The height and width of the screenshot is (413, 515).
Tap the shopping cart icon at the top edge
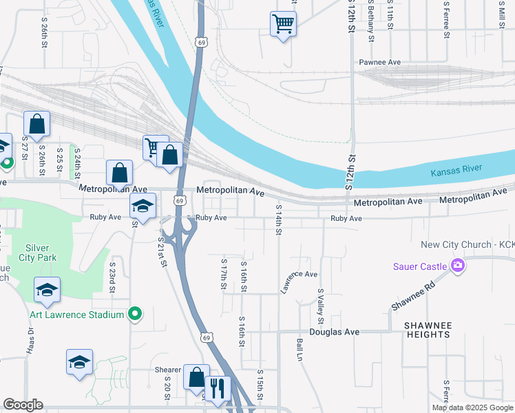tap(283, 24)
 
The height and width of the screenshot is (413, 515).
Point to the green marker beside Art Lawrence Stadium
tap(136, 315)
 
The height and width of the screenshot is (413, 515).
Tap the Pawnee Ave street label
tap(379, 62)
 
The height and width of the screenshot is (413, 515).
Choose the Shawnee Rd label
tap(410, 297)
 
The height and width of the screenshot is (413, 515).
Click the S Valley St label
tap(320, 306)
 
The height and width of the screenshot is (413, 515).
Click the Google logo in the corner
tap(23, 405)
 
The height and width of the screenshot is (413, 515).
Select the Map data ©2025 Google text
tap(472, 407)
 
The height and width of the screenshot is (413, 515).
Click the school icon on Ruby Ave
tap(143, 206)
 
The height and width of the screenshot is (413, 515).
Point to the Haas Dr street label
tap(31, 339)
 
